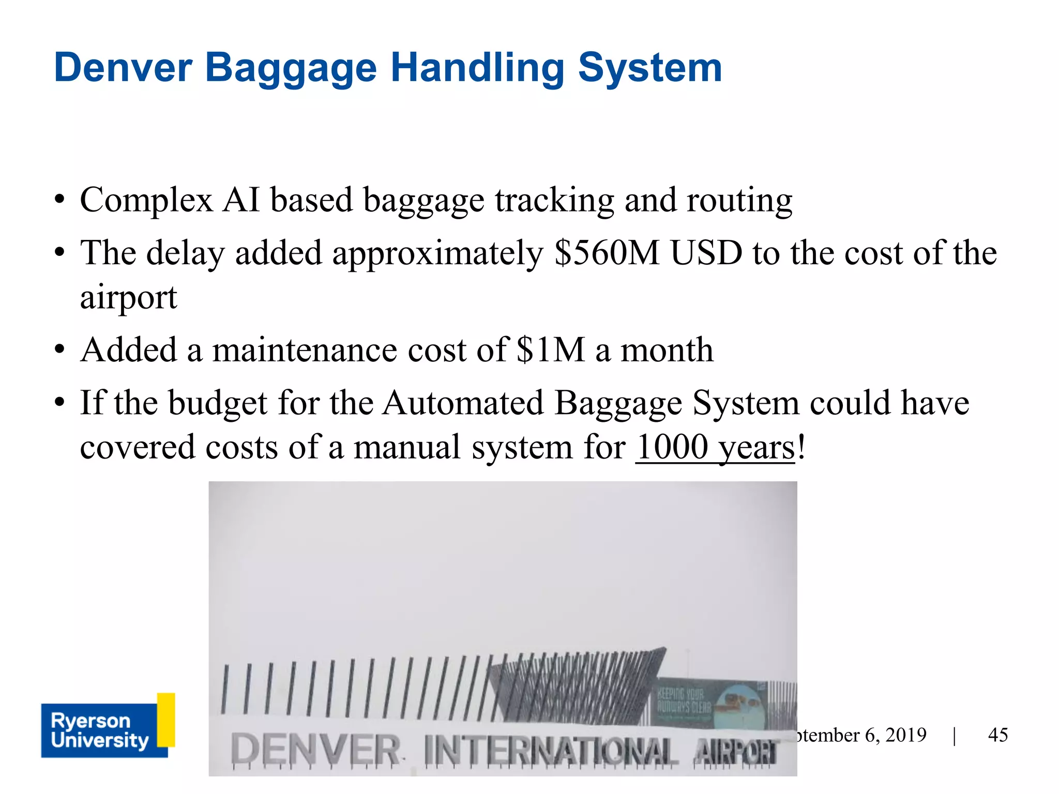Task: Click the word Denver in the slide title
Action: [x=123, y=68]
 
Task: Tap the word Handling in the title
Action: [x=477, y=68]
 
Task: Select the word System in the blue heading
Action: [x=649, y=68]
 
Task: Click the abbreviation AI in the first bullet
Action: [x=241, y=200]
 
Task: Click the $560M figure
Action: [x=607, y=253]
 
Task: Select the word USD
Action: [x=706, y=253]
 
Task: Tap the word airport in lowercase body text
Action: [x=128, y=298]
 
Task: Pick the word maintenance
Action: [x=305, y=350]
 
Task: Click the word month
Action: [x=667, y=350]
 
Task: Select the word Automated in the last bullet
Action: [x=463, y=403]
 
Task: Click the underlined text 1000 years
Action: [x=715, y=447]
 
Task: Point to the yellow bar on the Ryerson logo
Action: [x=166, y=720]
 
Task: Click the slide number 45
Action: [x=997, y=735]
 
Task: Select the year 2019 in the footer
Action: [x=905, y=735]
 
